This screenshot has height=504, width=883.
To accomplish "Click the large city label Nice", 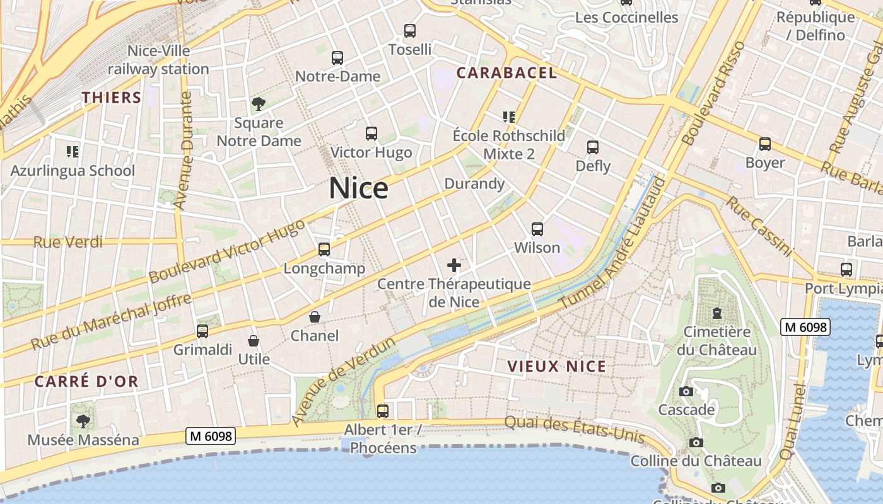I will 358,188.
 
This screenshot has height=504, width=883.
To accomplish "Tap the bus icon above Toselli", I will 410,30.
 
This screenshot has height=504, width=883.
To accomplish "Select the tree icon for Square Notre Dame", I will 258,103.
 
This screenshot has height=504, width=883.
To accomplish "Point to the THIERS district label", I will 112,97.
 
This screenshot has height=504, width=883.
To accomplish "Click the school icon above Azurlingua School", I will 73,151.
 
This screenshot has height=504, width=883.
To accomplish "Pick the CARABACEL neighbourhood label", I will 506,72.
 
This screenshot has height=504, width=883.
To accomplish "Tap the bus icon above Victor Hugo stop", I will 371,134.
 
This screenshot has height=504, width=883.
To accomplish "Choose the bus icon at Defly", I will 593,147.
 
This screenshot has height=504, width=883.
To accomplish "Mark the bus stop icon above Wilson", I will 537,229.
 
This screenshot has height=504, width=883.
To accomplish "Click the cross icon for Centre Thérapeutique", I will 454,265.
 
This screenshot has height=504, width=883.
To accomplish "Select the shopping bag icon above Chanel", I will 314,317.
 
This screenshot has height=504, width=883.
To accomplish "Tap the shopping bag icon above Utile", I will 254,341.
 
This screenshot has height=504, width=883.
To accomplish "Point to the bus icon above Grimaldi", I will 202,331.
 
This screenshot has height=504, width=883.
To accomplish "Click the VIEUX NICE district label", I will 556,366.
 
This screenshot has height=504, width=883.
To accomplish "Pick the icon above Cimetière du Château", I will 716,312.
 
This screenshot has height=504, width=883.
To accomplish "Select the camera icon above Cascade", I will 686,391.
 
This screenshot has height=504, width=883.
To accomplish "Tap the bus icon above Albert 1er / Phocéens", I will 383,411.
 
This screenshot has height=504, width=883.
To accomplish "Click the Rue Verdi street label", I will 67,242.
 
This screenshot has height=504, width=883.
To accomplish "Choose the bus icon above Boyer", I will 765,144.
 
